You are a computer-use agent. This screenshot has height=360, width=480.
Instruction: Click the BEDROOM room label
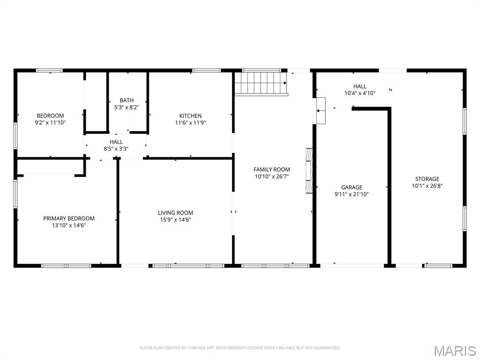[50, 116]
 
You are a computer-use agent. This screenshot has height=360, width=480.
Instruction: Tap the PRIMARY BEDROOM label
[68, 218]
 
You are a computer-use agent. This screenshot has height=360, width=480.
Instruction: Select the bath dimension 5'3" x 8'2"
[127, 107]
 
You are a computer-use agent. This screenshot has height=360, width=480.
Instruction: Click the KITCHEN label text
[190, 116]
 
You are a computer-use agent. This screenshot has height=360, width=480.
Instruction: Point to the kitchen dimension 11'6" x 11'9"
[190, 123]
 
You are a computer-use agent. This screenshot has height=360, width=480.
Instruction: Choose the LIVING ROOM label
[175, 213]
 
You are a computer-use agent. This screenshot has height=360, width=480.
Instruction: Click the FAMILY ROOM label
[271, 170]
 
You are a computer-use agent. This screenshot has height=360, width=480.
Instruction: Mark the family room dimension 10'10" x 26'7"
[271, 177]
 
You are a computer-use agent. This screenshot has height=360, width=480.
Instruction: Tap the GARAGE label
[352, 187]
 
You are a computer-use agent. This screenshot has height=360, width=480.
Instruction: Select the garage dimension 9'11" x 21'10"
[352, 194]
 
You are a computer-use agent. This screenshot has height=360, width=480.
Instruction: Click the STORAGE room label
[427, 179]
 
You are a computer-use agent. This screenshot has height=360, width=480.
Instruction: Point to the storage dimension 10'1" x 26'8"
[427, 186]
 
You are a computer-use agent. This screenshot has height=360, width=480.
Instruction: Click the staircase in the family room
[261, 83]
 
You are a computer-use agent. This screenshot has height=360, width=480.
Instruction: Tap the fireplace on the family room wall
[309, 171]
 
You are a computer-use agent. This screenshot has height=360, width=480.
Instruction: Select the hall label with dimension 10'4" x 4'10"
[360, 86]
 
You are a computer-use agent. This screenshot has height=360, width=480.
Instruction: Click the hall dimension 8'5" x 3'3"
[116, 149]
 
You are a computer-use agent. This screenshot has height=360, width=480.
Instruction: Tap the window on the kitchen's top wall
[206, 71]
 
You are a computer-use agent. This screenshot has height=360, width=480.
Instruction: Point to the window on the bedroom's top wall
[50, 71]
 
